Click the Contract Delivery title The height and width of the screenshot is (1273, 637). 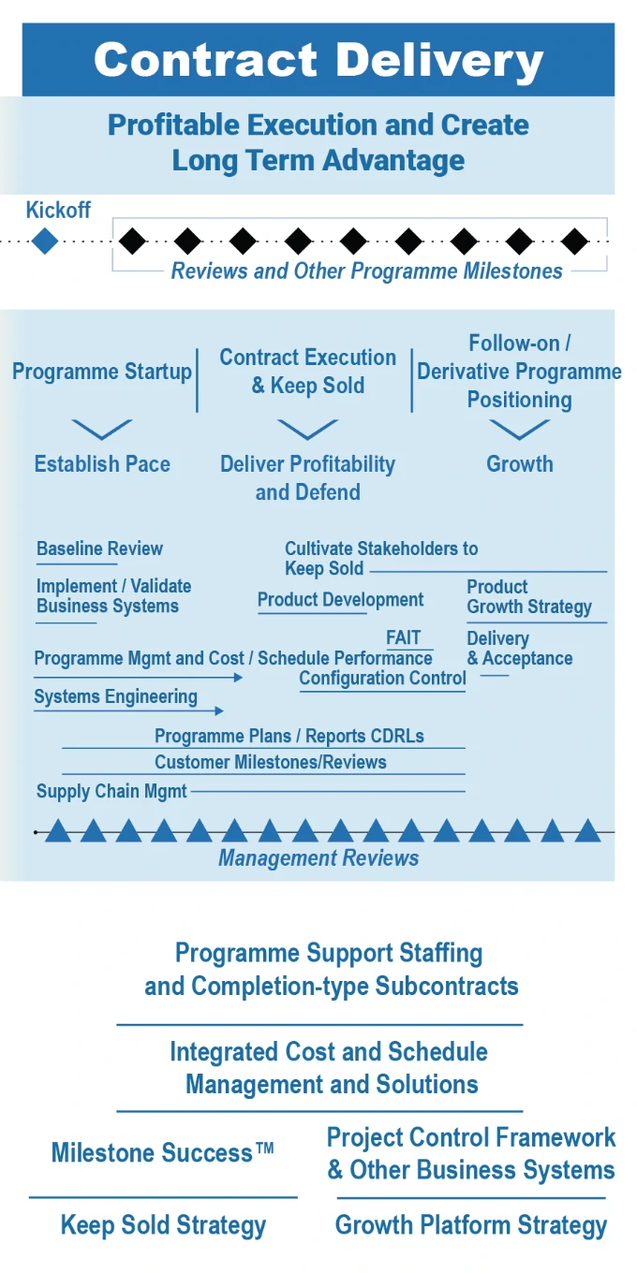[318, 60]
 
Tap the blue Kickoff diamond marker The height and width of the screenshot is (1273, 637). [44, 241]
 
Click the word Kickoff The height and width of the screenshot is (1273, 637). [58, 211]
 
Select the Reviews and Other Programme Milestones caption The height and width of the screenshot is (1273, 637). [366, 271]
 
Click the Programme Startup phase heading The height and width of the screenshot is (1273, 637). [102, 372]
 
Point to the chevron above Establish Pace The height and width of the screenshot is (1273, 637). [102, 430]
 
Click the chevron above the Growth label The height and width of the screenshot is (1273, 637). [520, 430]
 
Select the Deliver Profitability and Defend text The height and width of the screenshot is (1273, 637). [307, 477]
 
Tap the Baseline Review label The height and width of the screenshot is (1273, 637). [99, 549]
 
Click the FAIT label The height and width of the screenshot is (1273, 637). [404, 638]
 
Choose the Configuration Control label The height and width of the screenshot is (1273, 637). [382, 678]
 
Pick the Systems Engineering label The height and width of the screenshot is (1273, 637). [115, 696]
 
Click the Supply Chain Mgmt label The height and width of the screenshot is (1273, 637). [111, 791]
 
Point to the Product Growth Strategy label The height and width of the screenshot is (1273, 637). [529, 597]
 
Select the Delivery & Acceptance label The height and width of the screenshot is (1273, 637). [520, 649]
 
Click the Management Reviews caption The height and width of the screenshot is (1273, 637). [318, 857]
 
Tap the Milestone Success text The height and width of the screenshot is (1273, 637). [162, 1152]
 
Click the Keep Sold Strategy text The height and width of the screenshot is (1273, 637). [163, 1225]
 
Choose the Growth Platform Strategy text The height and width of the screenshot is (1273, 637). [471, 1224]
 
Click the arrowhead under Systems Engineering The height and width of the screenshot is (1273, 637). [219, 711]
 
